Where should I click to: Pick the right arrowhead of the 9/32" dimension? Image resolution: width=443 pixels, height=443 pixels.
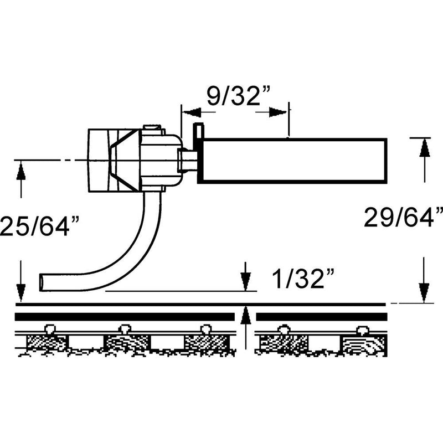[x=279, y=113]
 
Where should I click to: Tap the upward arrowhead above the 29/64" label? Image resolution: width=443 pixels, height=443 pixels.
[x=424, y=148]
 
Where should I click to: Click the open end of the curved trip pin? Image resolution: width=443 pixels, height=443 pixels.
[x=42, y=281]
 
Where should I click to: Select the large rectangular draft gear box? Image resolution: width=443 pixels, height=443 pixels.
[x=292, y=160]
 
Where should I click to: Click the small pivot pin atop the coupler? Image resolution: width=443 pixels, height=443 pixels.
[x=151, y=129]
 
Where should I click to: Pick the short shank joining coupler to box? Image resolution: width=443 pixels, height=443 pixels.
[x=188, y=161]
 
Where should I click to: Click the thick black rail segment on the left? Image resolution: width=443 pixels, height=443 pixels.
[x=125, y=317]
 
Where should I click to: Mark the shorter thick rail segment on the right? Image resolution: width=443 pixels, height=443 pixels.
[x=321, y=317]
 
